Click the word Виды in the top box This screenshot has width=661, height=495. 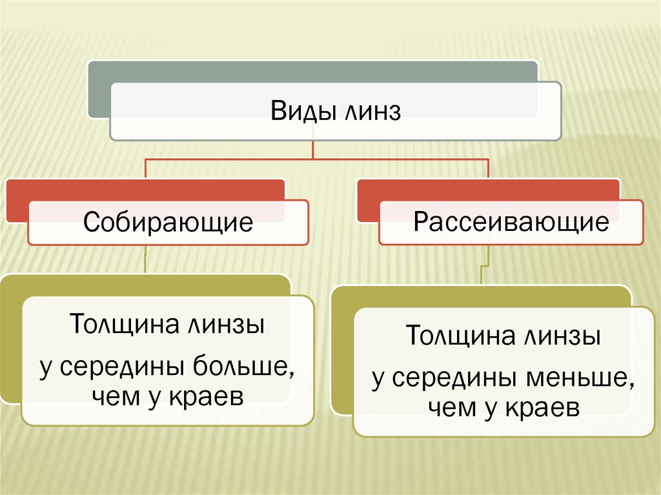(x=296, y=112)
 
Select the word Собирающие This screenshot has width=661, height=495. (x=168, y=222)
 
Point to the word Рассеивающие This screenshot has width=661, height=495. (x=511, y=222)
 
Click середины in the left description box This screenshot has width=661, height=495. (x=123, y=368)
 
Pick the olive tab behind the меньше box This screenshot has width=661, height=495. (x=342, y=355)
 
